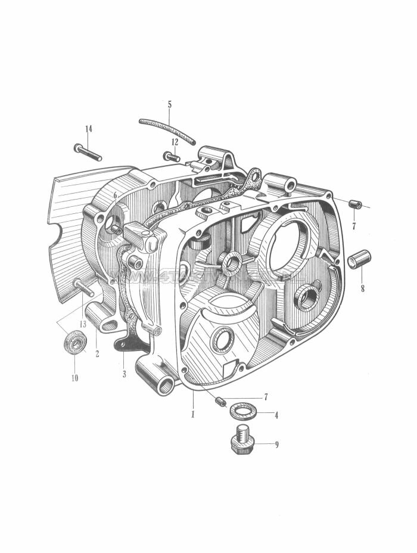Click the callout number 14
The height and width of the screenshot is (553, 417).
click(89, 129)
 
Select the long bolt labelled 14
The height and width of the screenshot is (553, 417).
click(88, 153)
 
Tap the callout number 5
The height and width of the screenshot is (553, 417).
click(169, 104)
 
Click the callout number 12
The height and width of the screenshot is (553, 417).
click(175, 142)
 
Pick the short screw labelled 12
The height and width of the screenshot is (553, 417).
click(172, 157)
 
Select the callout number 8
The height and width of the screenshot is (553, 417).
click(362, 290)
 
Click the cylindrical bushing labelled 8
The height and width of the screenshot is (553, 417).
click(360, 260)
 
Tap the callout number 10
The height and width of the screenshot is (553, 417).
click(74, 378)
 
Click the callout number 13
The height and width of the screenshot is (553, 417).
click(83, 325)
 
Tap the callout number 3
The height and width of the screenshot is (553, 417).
click(124, 374)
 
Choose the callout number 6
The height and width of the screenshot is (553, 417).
click(115, 196)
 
